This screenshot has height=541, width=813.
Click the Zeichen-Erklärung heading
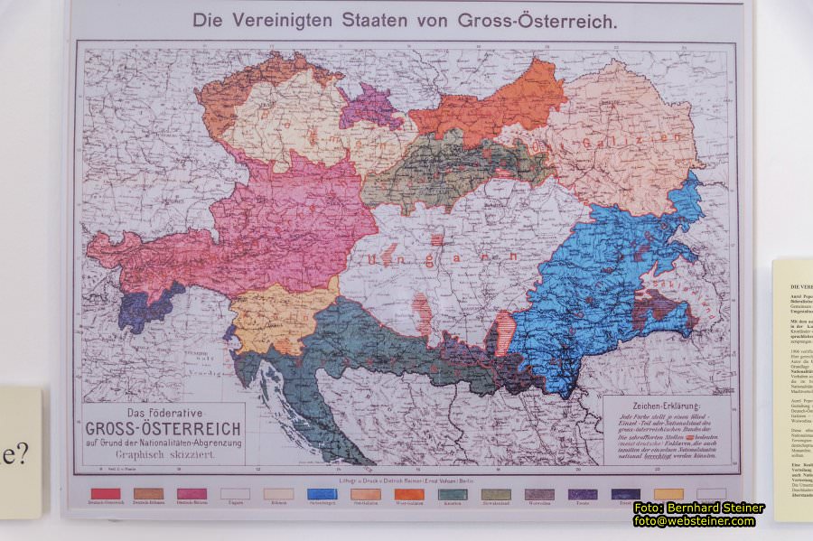[x=668, y=406]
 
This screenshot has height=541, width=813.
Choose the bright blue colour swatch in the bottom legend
[x=322, y=494]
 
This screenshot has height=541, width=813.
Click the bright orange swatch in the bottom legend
[x=408, y=494]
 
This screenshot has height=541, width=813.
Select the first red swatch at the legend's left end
[x=106, y=494]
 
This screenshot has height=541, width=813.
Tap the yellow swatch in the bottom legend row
[x=668, y=494]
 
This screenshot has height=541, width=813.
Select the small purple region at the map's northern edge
[x=370, y=108]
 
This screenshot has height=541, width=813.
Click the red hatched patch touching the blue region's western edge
[x=503, y=331]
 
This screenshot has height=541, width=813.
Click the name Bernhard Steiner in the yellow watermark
[x=715, y=508]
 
